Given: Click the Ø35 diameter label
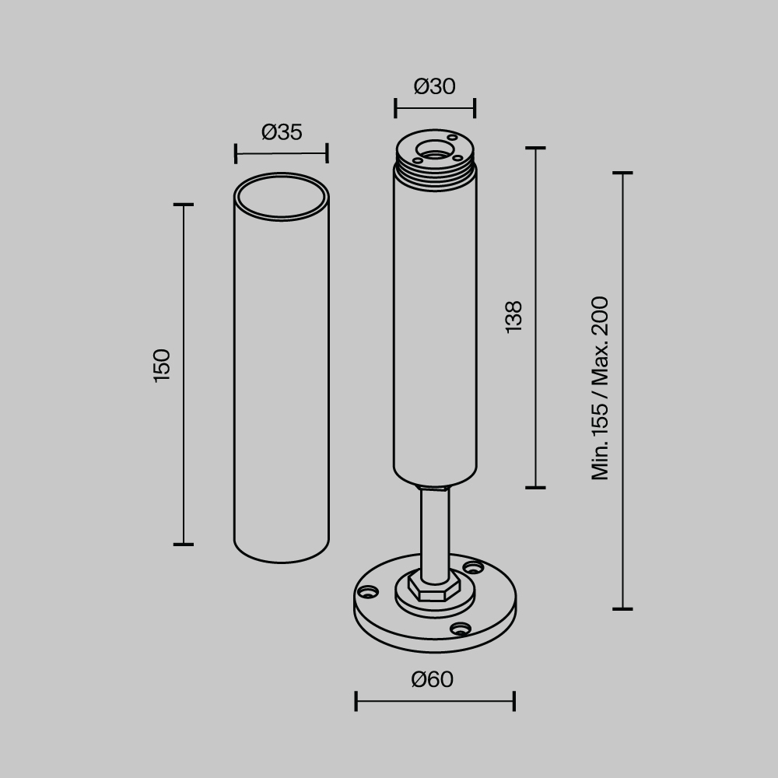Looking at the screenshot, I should tap(282, 132).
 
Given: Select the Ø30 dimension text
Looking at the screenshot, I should tap(435, 86).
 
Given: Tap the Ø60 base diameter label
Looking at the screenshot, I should tap(432, 679).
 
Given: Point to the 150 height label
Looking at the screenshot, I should tap(161, 365).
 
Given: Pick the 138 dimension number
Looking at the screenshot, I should tap(513, 317).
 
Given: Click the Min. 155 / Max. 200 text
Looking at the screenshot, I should tap(600, 387).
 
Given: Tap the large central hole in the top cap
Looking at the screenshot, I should tap(434, 150).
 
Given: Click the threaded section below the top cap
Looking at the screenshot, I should tap(435, 174).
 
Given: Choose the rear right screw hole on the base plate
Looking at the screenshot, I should tap(472, 568).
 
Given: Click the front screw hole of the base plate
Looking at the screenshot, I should tap(461, 629).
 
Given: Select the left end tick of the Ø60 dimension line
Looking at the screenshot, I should tap(356, 700).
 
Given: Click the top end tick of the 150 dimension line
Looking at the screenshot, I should tap(183, 205).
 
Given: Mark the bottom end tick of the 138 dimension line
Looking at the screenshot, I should tap(535, 488).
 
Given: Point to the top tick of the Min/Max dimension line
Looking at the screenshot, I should tap(622, 173).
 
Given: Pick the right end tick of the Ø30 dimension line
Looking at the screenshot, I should tap(475, 108).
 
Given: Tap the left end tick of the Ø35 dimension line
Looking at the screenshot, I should tap(235, 153).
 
